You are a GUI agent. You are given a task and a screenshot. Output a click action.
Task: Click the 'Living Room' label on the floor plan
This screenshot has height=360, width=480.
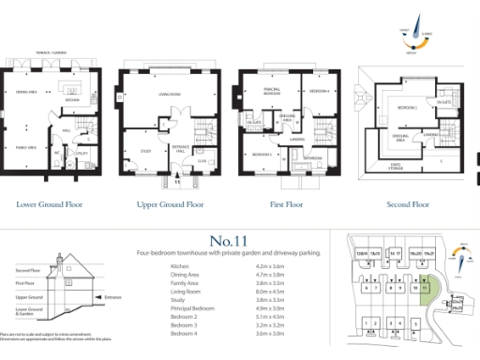click(169, 94)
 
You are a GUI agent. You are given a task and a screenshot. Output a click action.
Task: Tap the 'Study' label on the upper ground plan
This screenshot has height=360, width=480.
click(145, 150)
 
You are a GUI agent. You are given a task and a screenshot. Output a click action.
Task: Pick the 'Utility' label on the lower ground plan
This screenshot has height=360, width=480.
click(82, 152)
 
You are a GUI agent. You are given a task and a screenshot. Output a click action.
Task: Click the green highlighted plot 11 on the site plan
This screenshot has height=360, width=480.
click(427, 288)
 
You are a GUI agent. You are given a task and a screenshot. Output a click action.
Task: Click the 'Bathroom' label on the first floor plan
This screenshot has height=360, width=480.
click(312, 158)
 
